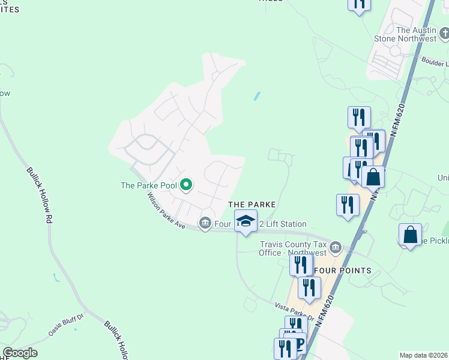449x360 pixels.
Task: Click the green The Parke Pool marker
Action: [x=186, y=185]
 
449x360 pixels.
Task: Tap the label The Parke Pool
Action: [x=149, y=185]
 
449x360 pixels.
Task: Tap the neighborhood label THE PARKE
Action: [x=252, y=205]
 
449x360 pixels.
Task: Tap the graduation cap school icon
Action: [x=246, y=221]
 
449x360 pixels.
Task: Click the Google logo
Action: [x=20, y=353]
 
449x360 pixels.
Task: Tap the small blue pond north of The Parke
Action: [x=257, y=96]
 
